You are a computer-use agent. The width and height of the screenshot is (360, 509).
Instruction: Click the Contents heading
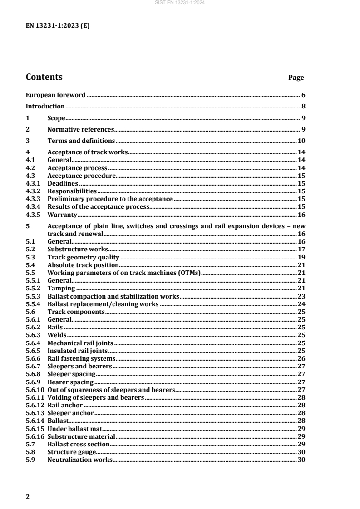[44, 77]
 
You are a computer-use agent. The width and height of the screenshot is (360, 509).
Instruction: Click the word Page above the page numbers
[296, 78]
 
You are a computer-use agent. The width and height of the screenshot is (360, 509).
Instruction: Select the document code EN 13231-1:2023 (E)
[57, 26]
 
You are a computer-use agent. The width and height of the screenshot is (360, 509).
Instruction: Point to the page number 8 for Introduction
[303, 107]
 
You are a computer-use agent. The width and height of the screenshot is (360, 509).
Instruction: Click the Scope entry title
[56, 118]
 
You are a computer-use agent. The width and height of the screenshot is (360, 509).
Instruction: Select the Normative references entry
[80, 130]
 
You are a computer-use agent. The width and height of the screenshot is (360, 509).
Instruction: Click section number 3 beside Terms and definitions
[28, 141]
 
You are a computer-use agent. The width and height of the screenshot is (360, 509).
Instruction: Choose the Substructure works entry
[78, 249]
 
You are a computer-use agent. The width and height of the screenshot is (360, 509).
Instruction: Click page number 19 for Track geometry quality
[301, 257]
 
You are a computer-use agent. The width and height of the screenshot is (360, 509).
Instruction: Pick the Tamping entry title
[61, 288]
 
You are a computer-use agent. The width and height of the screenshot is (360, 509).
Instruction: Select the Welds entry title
[57, 335]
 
